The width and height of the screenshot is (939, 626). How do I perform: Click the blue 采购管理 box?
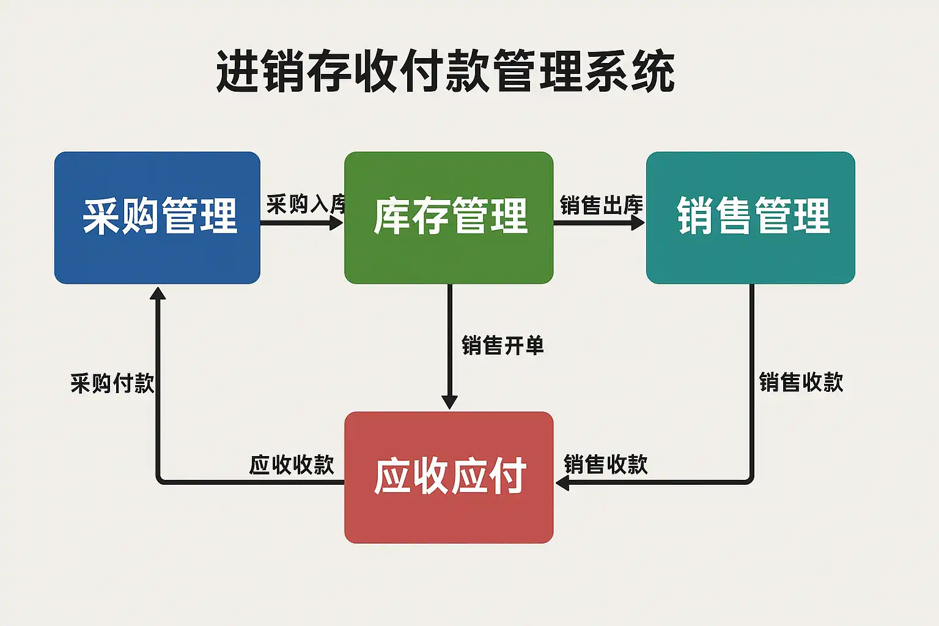click(x=157, y=218)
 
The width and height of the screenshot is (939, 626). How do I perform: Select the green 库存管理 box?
click(x=449, y=218)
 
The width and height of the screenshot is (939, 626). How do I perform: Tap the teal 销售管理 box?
click(x=750, y=218)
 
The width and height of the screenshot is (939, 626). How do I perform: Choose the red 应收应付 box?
click(x=449, y=477)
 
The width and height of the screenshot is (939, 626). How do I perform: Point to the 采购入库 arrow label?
click(x=306, y=204)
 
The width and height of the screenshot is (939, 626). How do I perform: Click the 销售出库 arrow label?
click(x=601, y=205)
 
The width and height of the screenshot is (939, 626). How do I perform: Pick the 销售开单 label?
click(x=503, y=346)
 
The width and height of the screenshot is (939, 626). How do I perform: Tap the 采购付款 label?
click(x=112, y=384)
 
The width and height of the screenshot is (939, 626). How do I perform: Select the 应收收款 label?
click(x=292, y=465)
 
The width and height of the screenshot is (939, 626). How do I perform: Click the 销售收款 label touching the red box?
click(x=605, y=465)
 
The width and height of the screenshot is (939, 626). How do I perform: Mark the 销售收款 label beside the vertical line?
click(x=801, y=383)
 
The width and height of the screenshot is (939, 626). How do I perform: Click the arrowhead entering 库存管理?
click(x=336, y=223)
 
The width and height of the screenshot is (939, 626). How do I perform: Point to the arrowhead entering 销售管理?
click(x=638, y=223)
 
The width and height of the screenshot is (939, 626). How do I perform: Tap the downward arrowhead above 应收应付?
click(x=449, y=402)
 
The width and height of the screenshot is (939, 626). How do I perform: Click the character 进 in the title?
click(x=239, y=72)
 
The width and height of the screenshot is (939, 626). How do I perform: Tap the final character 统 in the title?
click(x=652, y=72)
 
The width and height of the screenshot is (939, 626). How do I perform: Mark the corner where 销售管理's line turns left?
click(x=751, y=482)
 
